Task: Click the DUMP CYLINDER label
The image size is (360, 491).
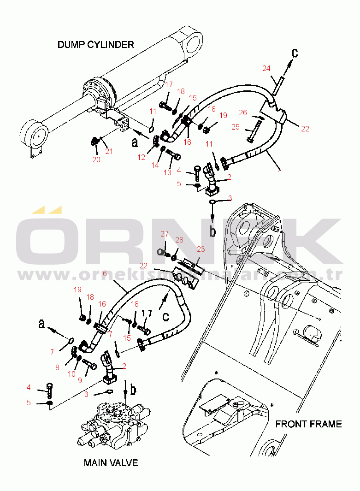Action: pos(95,45)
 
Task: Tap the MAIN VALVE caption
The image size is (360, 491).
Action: pos(111,462)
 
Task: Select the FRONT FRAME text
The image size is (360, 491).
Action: pos(308,424)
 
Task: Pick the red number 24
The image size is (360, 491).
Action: pos(266,69)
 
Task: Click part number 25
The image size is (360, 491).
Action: pos(236,127)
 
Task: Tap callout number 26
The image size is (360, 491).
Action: pos(243,112)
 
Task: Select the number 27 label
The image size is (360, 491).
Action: pos(165,234)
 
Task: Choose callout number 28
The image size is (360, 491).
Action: pos(179,240)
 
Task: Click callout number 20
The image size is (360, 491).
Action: pos(96,160)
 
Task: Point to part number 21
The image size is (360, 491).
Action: pos(109,151)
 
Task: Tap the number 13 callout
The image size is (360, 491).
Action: pos(167,172)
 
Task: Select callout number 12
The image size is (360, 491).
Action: pos(141,158)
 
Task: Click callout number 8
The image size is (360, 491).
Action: pos(57,367)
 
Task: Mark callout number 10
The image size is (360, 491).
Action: pos(71,374)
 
